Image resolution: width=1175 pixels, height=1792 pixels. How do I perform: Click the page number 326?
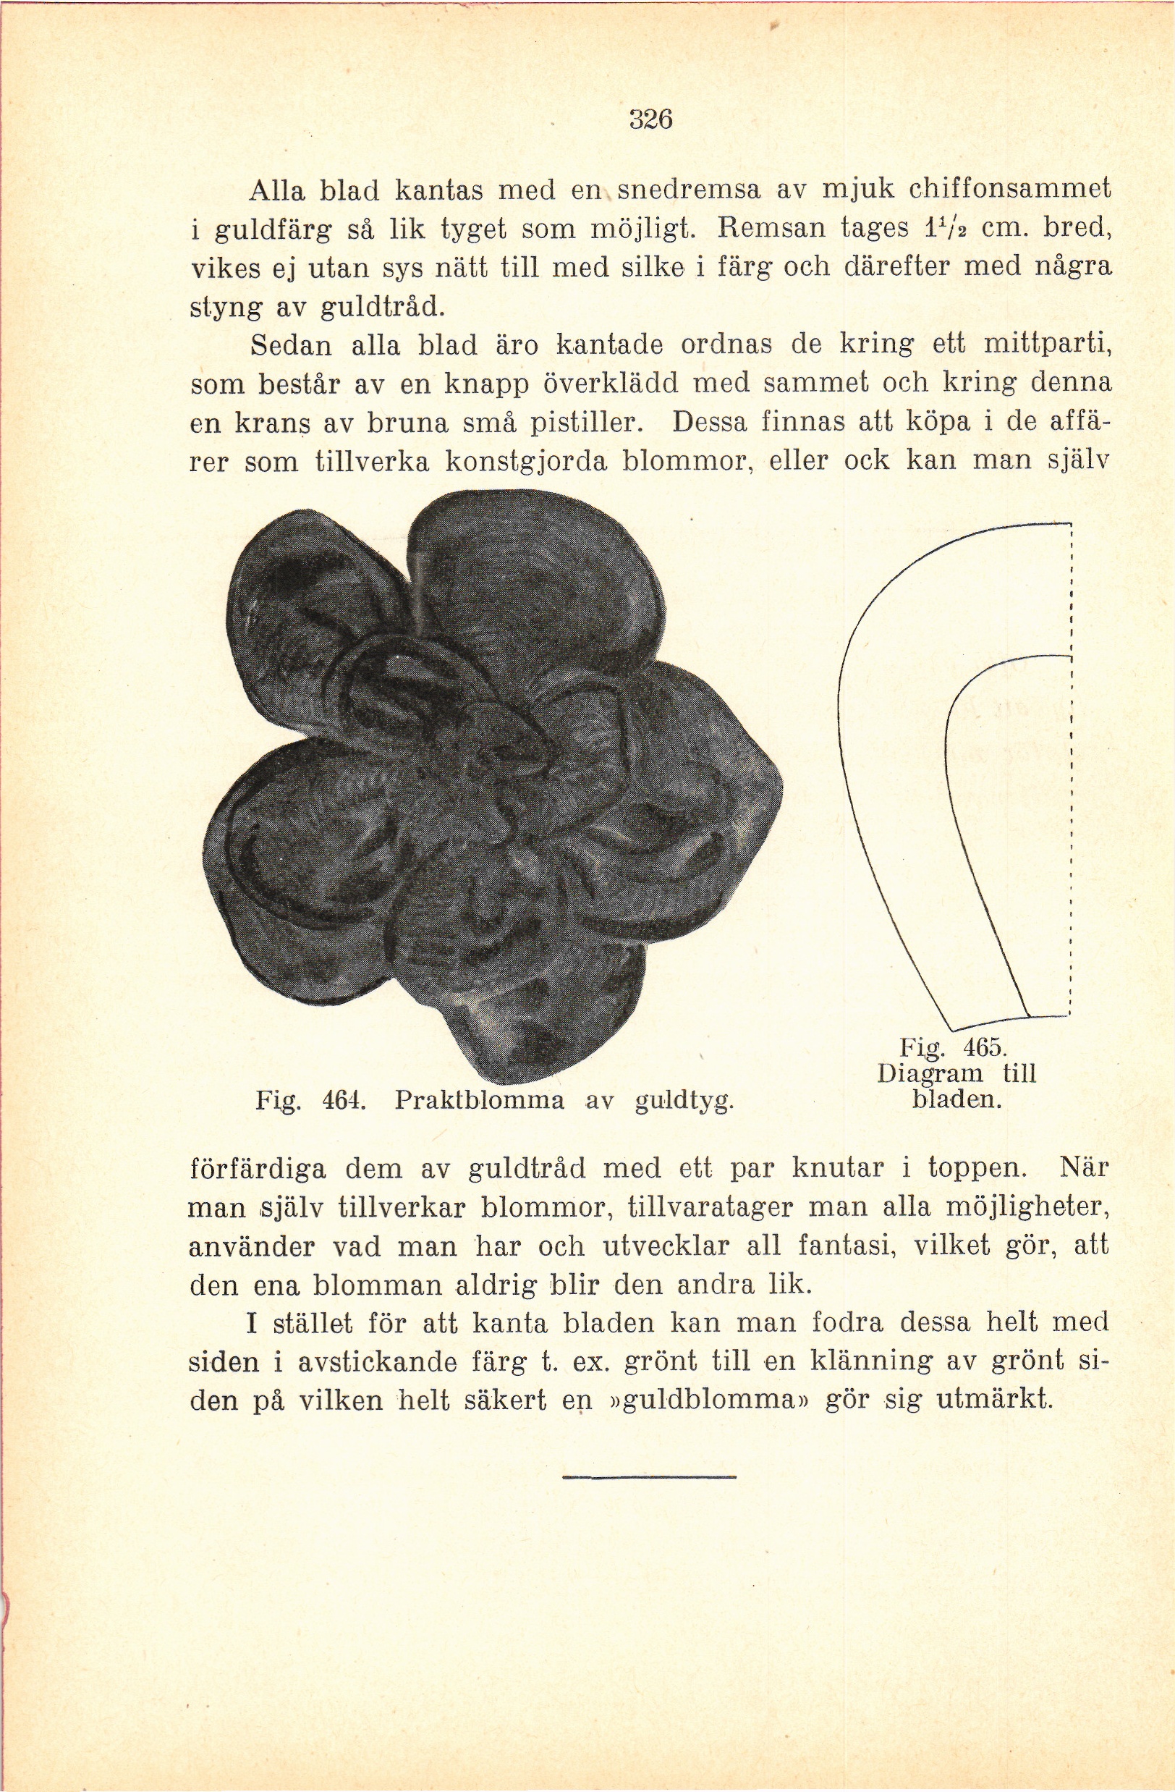650,119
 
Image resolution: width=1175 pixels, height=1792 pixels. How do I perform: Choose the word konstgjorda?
526,462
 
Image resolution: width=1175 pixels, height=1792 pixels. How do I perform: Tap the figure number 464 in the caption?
343,1101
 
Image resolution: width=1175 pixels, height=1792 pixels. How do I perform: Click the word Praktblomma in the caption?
479,1101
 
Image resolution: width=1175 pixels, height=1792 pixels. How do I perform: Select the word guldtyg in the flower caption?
684,1102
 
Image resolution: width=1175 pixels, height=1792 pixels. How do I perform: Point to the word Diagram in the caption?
930,1073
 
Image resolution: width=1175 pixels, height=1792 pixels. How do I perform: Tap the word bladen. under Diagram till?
956,1099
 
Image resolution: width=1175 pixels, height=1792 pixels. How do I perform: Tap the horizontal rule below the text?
649,1478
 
